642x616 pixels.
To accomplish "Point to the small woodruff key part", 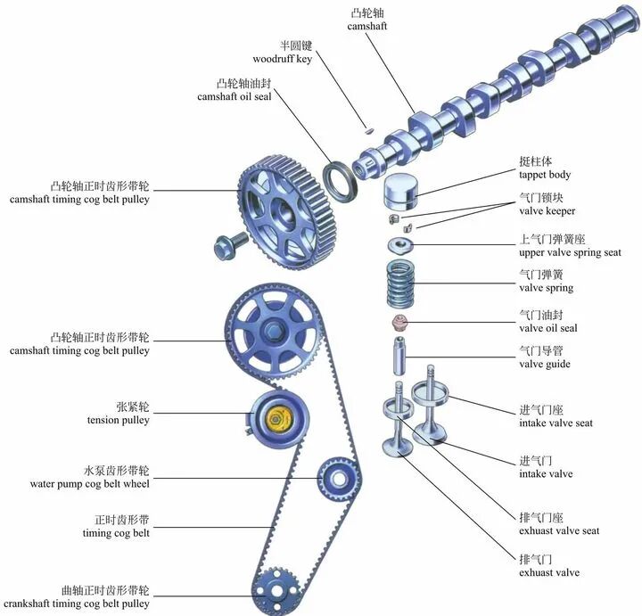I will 367,130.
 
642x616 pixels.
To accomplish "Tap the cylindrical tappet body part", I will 400,191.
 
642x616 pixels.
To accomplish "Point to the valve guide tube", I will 399,356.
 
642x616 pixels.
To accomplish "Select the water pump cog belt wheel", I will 336,480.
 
